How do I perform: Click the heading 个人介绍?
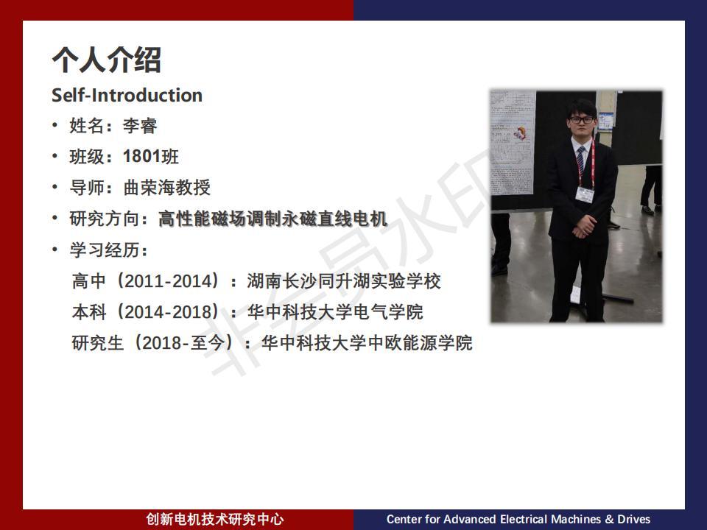(106, 60)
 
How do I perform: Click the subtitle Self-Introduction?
(127, 95)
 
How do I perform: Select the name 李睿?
(140, 126)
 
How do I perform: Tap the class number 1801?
(141, 156)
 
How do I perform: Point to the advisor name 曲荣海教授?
(167, 188)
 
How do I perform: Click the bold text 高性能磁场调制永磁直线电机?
(272, 219)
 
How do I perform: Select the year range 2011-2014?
(168, 281)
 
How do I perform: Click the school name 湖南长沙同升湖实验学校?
(344, 281)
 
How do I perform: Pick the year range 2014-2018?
(168, 312)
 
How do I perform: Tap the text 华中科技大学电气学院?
(335, 312)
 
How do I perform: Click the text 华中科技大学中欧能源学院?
(367, 343)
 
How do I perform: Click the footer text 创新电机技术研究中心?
(215, 519)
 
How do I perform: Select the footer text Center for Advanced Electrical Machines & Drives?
(518, 519)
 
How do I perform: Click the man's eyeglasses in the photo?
(582, 120)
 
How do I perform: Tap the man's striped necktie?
(581, 160)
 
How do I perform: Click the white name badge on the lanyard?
(585, 194)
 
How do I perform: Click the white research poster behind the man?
(513, 142)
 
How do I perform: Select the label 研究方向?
(105, 219)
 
